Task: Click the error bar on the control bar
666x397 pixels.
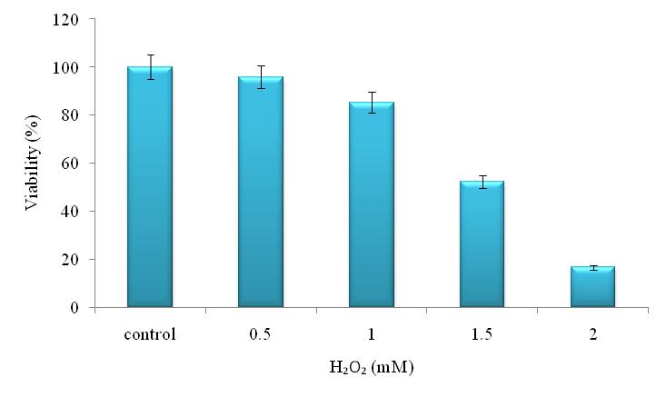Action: point(150,66)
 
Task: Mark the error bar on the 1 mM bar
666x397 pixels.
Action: point(372,102)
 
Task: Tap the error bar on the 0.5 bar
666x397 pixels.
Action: point(261,76)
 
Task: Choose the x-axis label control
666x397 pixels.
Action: point(150,334)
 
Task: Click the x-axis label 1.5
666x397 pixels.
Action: point(482,334)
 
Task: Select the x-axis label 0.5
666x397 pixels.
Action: point(261,334)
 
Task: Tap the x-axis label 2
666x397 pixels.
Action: point(592,334)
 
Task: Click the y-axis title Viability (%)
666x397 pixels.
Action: point(33,164)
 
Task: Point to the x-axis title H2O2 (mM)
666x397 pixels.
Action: point(372,367)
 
